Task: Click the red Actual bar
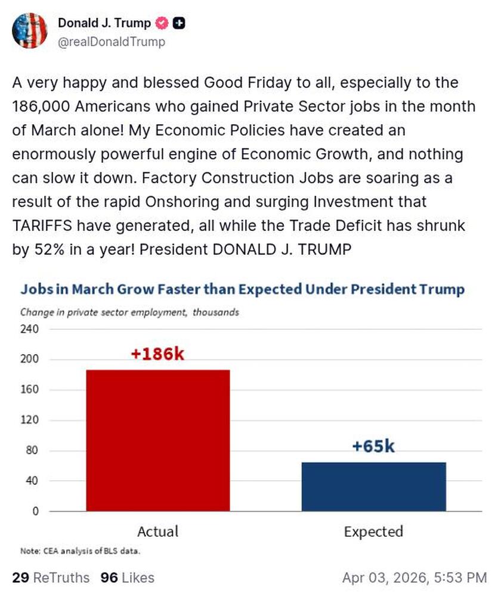click(158, 440)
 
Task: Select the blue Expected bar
click(374, 486)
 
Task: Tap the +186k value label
click(158, 354)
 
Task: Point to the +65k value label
click(374, 446)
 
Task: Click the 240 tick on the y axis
click(31, 329)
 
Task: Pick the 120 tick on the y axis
click(31, 420)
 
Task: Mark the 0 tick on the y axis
click(35, 511)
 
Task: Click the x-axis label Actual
click(158, 531)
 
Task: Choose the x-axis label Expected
click(374, 531)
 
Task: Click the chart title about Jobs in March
click(242, 290)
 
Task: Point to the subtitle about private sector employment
click(129, 312)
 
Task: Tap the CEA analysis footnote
click(81, 551)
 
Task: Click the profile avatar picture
click(29, 30)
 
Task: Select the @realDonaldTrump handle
click(112, 42)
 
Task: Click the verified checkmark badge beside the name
click(162, 23)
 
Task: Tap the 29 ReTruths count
click(51, 577)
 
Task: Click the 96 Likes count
click(128, 577)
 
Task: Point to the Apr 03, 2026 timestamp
click(414, 577)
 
